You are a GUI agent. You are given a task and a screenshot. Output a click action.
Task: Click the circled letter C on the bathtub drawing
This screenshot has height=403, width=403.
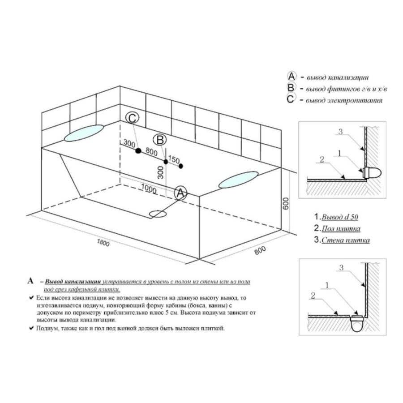(133, 118)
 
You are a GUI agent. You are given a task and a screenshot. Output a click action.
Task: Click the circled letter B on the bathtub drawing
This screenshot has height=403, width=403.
(160, 140)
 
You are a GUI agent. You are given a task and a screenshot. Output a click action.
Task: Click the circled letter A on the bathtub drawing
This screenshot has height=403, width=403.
(181, 193)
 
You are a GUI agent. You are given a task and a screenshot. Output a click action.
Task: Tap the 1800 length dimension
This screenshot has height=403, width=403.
(103, 242)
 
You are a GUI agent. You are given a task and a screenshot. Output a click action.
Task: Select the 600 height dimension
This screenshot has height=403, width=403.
(286, 203)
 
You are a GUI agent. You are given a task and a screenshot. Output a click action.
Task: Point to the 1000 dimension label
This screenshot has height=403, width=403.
(149, 189)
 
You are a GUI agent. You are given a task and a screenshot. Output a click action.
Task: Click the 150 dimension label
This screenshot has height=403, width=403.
(174, 159)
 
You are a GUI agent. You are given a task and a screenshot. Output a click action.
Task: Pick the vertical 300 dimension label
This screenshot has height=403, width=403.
(160, 172)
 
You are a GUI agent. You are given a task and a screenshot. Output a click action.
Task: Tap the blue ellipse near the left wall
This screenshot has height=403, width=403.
(84, 133)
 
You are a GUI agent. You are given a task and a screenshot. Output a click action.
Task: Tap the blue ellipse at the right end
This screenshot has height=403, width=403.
(238, 180)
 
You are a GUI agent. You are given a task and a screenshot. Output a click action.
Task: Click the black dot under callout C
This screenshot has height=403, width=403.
(138, 151)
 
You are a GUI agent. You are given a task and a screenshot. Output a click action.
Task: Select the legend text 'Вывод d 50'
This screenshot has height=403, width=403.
(340, 217)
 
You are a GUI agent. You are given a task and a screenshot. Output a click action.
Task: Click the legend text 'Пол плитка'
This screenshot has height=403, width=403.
(341, 228)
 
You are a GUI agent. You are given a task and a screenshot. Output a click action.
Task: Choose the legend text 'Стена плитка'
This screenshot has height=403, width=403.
(346, 240)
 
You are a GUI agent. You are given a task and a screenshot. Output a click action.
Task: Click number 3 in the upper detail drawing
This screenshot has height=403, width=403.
(340, 132)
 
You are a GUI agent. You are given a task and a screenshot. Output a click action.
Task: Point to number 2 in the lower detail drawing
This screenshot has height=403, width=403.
(313, 296)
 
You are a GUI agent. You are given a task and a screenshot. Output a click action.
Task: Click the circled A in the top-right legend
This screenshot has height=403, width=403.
(292, 76)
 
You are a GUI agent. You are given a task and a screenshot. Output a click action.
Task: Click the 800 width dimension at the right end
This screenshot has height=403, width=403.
(260, 250)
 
